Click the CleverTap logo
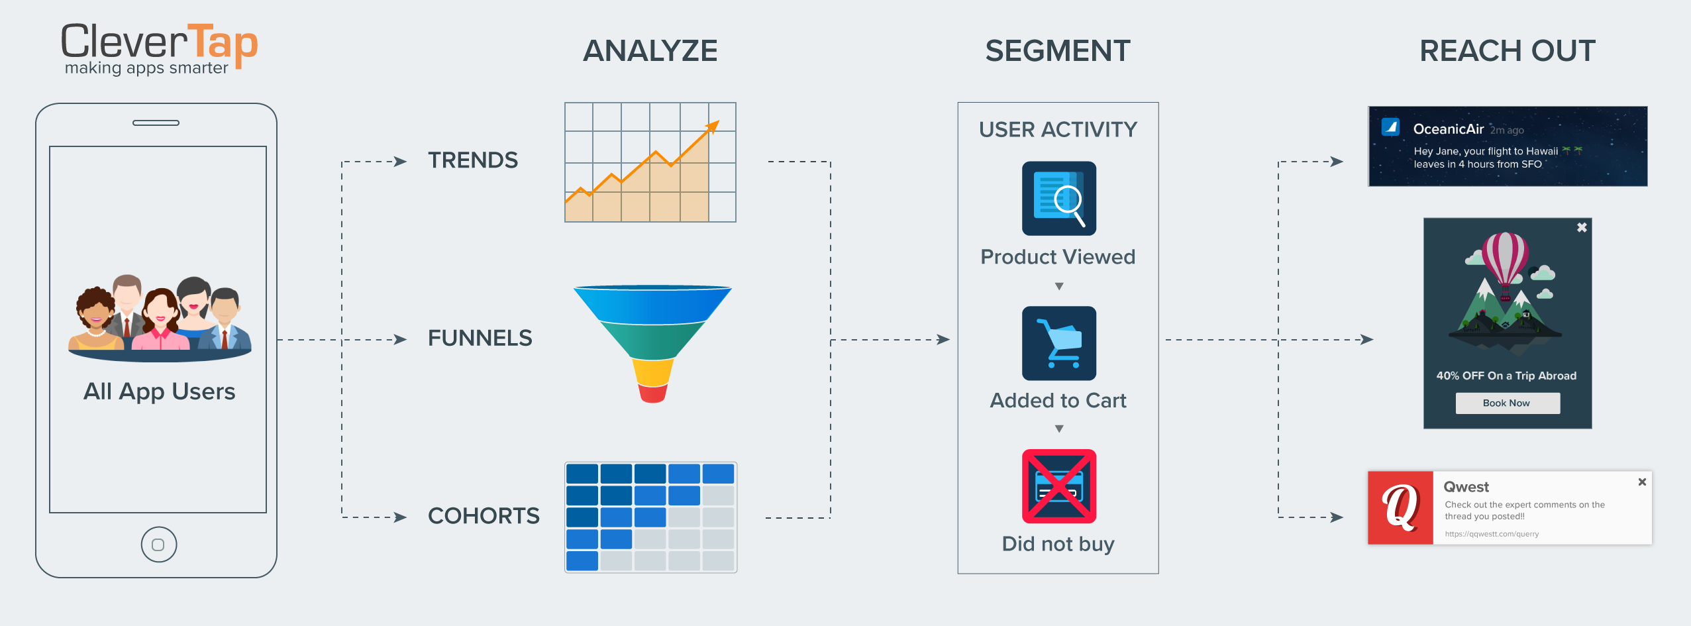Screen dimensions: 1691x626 [159, 48]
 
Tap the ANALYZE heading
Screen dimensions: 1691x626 [650, 51]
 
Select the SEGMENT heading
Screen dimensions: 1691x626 [1057, 51]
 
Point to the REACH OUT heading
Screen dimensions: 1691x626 [1508, 51]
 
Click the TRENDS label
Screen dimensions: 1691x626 [473, 160]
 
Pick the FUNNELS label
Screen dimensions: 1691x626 [480, 339]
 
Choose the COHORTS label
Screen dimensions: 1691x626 [484, 516]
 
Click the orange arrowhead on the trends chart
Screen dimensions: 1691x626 [713, 126]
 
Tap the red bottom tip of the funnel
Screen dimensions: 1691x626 [652, 394]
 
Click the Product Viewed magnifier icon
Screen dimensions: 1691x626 [1058, 199]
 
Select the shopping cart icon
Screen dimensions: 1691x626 [1058, 343]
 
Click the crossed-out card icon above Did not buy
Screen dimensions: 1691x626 [1058, 487]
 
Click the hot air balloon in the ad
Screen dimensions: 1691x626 [1505, 262]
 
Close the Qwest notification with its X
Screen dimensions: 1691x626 [1642, 482]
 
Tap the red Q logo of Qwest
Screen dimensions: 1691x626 [1400, 508]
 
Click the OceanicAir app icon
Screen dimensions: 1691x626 [1390, 127]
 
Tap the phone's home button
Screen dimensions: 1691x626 [159, 545]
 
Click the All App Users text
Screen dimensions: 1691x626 [159, 391]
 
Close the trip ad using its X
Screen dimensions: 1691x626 [1582, 228]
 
